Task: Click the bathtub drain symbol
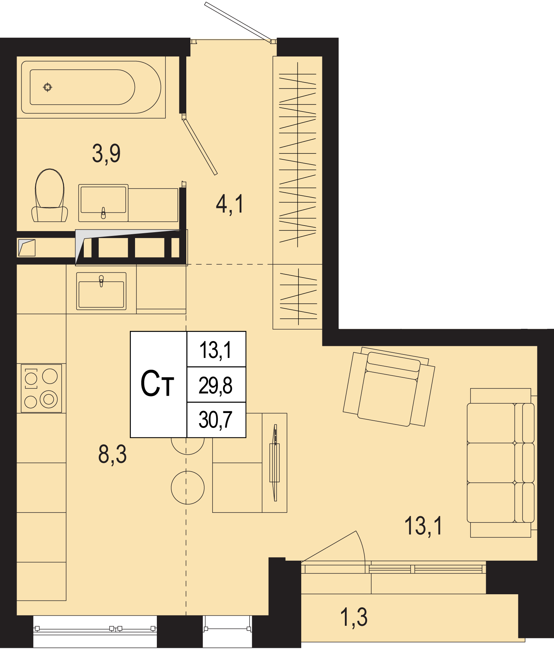point(48,87)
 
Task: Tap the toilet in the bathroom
point(50,195)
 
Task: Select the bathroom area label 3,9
point(106,154)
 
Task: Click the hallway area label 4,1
point(230,204)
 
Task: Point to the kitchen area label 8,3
point(113,454)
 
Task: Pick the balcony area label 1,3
point(354,617)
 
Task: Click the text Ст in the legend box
point(157,384)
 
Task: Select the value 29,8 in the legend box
point(215,385)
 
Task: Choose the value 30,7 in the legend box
point(215,420)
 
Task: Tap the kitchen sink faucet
point(101,281)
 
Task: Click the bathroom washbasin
point(103,203)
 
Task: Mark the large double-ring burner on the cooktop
point(49,399)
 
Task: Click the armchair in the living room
point(389,387)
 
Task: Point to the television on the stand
point(275,463)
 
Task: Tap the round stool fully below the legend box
point(188,488)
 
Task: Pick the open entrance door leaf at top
point(238,22)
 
